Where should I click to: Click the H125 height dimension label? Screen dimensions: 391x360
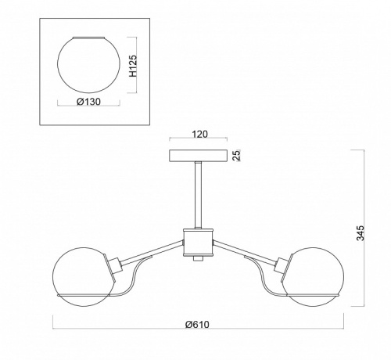tap(133, 66)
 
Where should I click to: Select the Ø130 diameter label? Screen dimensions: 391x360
tap(88, 102)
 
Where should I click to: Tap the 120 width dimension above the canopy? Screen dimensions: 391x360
tap(200, 134)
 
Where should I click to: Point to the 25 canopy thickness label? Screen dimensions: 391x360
tap(236, 155)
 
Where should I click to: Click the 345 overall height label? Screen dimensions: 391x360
tap(360, 233)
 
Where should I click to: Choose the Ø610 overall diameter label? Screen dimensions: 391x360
tap(197, 325)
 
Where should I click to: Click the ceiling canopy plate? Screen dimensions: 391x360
tap(198, 156)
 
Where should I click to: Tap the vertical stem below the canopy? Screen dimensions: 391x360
tap(199, 195)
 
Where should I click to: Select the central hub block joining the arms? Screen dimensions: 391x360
tap(198, 242)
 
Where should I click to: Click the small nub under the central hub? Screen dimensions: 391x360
tap(198, 258)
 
